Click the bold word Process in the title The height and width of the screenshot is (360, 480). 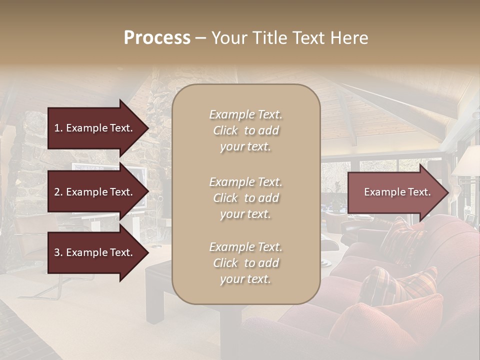(x=157, y=38)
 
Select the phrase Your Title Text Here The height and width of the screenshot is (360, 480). (x=289, y=38)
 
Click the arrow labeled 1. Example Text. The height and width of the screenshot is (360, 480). (x=93, y=128)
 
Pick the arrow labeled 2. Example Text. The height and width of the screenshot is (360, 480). (x=93, y=192)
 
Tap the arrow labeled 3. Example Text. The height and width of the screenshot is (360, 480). (x=93, y=252)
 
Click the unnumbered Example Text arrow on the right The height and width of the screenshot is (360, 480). (x=397, y=192)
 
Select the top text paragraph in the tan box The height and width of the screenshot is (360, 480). (x=245, y=130)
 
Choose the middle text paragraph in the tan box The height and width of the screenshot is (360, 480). (x=245, y=198)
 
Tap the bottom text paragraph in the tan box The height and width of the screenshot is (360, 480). (x=245, y=263)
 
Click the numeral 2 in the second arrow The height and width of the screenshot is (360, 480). (x=57, y=192)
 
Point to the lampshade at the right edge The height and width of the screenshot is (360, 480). (x=467, y=161)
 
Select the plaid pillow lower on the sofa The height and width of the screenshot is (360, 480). (x=400, y=285)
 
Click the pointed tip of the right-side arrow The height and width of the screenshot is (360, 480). (x=447, y=192)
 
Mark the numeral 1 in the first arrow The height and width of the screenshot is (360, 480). (x=57, y=128)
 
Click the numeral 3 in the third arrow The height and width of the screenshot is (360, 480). (x=57, y=252)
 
